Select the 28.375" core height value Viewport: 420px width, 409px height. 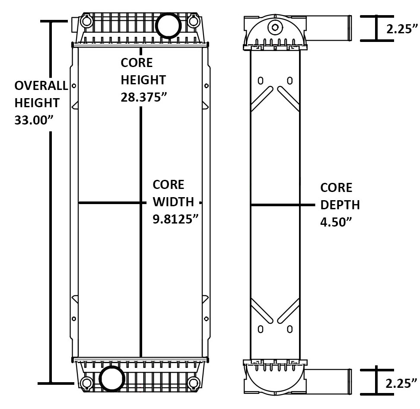point(143,96)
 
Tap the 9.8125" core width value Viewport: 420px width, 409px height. point(175,218)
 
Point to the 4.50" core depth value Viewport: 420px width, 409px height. point(334,221)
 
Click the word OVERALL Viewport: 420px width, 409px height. point(41,86)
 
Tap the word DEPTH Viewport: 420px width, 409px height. point(340,204)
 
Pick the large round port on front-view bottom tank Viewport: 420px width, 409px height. point(111,378)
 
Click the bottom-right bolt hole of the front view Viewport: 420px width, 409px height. point(194,383)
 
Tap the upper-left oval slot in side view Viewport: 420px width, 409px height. point(261,81)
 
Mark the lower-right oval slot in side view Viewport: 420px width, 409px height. point(290,329)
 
